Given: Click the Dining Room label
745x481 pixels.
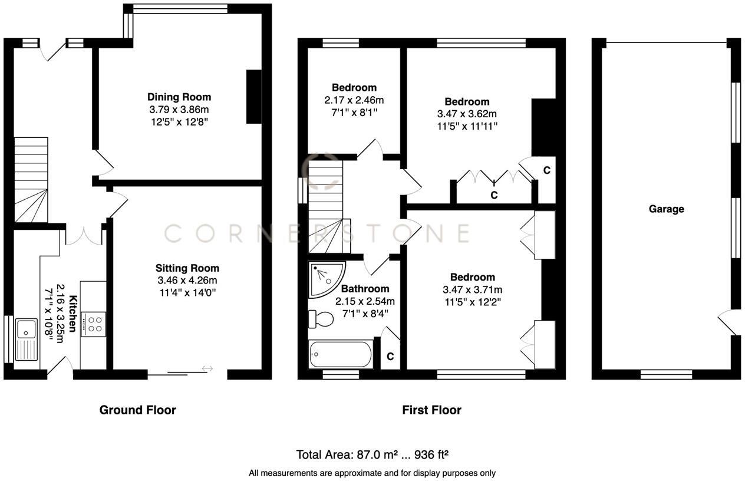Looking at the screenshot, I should [x=179, y=97].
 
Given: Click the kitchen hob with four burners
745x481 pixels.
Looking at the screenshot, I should [x=93, y=324].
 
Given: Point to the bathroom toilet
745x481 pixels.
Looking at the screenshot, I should [x=321, y=318].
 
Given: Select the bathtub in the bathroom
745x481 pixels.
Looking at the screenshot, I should [x=340, y=355].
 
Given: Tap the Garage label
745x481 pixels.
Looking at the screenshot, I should [x=666, y=209].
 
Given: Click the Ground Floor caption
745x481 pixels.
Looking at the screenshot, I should [x=137, y=410].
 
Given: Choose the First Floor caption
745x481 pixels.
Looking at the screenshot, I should [x=431, y=410].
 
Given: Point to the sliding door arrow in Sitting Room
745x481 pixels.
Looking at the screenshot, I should [x=207, y=369].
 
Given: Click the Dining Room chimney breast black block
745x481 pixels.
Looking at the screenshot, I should [x=253, y=97].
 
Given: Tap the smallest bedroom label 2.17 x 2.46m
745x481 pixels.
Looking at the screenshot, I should [x=353, y=100].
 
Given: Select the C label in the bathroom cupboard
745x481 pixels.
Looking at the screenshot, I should [x=390, y=357].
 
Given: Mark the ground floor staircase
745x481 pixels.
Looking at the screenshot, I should [x=30, y=180].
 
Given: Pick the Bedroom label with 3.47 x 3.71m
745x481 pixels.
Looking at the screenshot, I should [x=472, y=277].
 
